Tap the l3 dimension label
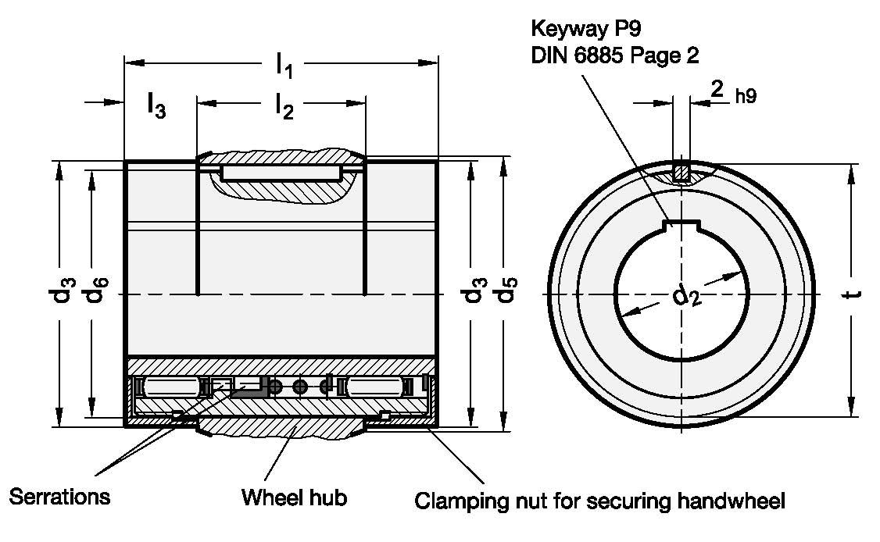[156, 106]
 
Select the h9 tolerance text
[745, 97]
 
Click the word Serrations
[59, 497]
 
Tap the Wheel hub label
[294, 497]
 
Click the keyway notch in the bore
[681, 226]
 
